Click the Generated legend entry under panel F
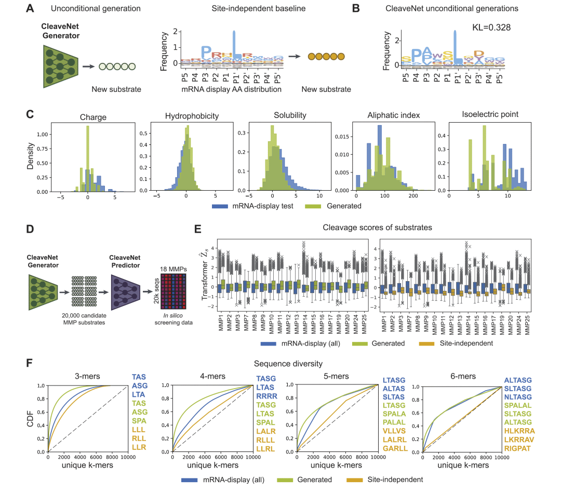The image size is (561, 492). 315,480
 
